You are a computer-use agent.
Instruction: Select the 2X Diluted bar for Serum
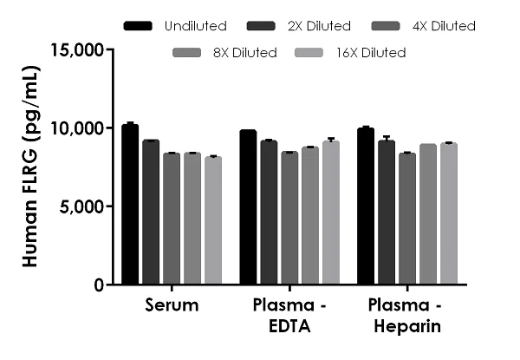click(x=151, y=213)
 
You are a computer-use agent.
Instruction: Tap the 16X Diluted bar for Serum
click(x=213, y=220)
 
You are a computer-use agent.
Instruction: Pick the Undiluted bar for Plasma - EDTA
click(x=248, y=207)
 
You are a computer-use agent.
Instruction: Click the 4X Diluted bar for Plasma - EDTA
click(x=289, y=218)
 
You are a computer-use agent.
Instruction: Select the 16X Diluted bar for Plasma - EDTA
click(x=331, y=213)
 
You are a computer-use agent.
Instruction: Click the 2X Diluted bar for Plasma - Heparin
click(x=387, y=213)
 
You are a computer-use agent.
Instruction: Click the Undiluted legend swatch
click(x=139, y=26)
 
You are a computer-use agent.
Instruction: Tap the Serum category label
click(x=172, y=305)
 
